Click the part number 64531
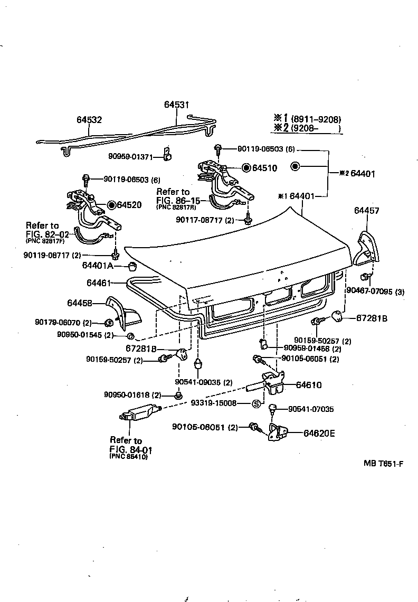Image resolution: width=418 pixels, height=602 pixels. [176, 105]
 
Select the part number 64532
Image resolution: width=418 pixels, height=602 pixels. [89, 120]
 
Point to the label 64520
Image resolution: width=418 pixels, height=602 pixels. [129, 204]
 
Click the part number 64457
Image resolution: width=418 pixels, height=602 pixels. [366, 211]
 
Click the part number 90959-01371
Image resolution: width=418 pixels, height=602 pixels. [130, 156]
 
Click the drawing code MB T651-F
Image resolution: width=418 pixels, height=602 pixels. [383, 464]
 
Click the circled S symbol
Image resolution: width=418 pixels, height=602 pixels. [256, 404]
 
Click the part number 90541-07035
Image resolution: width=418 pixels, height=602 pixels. [311, 409]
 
